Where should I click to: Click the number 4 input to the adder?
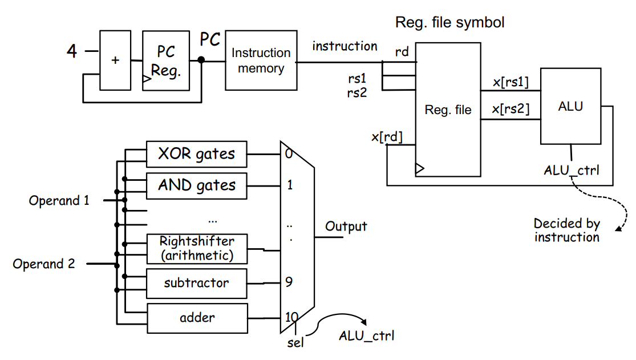tap(72, 51)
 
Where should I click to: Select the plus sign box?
tap(115, 60)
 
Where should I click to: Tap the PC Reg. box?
tap(166, 60)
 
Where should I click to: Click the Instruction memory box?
tap(261, 60)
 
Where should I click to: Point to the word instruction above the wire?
tap(345, 46)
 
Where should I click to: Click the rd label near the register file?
tap(402, 52)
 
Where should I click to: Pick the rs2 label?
tap(357, 93)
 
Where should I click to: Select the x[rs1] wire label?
tap(511, 82)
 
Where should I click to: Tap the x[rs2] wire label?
tap(511, 109)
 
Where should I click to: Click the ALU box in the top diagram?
tap(571, 106)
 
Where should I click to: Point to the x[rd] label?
tap(387, 137)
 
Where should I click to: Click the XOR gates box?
tap(197, 154)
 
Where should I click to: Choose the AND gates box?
tap(197, 186)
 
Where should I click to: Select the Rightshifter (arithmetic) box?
tap(197, 248)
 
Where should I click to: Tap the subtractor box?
tap(197, 284)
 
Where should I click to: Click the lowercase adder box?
tap(197, 318)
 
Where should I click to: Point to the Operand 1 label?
tap(59, 200)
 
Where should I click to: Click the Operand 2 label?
tap(44, 264)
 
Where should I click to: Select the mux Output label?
tap(346, 226)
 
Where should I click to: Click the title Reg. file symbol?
tap(450, 22)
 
